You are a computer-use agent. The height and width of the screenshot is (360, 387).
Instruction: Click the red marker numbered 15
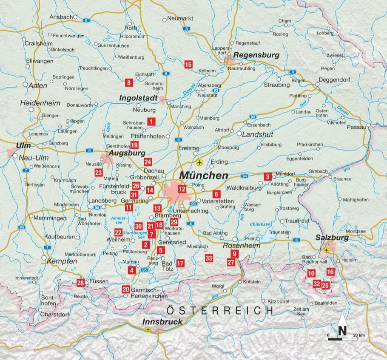click(x=188, y=65)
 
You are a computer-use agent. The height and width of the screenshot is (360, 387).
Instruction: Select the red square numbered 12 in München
click(x=182, y=190)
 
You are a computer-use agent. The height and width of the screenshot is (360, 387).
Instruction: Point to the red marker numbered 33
click(x=208, y=258)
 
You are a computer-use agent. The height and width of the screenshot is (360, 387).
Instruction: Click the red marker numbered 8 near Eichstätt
click(x=128, y=82)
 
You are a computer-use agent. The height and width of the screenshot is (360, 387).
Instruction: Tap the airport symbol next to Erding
click(x=199, y=162)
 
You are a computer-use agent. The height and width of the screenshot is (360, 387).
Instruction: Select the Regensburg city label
click(x=256, y=55)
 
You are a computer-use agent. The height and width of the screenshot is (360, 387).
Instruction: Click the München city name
click(x=204, y=176)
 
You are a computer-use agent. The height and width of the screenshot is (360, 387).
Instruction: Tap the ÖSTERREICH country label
click(x=218, y=310)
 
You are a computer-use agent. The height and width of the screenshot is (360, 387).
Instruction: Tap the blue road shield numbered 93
click(x=216, y=91)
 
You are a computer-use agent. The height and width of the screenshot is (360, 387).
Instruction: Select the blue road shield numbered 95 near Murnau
click(x=144, y=270)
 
